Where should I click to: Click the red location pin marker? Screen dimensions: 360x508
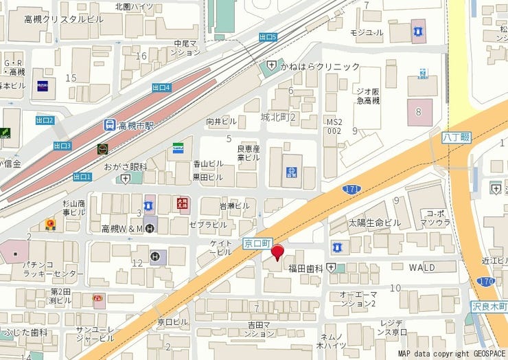[x=277, y=252]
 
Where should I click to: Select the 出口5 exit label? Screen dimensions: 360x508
[x=268, y=37]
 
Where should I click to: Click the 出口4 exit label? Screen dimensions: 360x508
[x=161, y=87]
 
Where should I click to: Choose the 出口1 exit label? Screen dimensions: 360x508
[x=82, y=177]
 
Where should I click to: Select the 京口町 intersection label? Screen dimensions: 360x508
[x=257, y=243]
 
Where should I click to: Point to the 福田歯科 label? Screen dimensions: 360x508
[x=305, y=268]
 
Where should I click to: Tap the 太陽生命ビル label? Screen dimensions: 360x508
[x=374, y=223]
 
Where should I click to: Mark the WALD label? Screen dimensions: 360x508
[x=423, y=267]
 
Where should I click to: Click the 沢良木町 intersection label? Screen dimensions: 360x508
[x=489, y=305]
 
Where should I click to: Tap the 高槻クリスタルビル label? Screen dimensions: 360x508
[x=64, y=19]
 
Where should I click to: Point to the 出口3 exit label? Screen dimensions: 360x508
[x=62, y=146]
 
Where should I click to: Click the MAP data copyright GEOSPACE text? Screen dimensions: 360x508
[x=451, y=353]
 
